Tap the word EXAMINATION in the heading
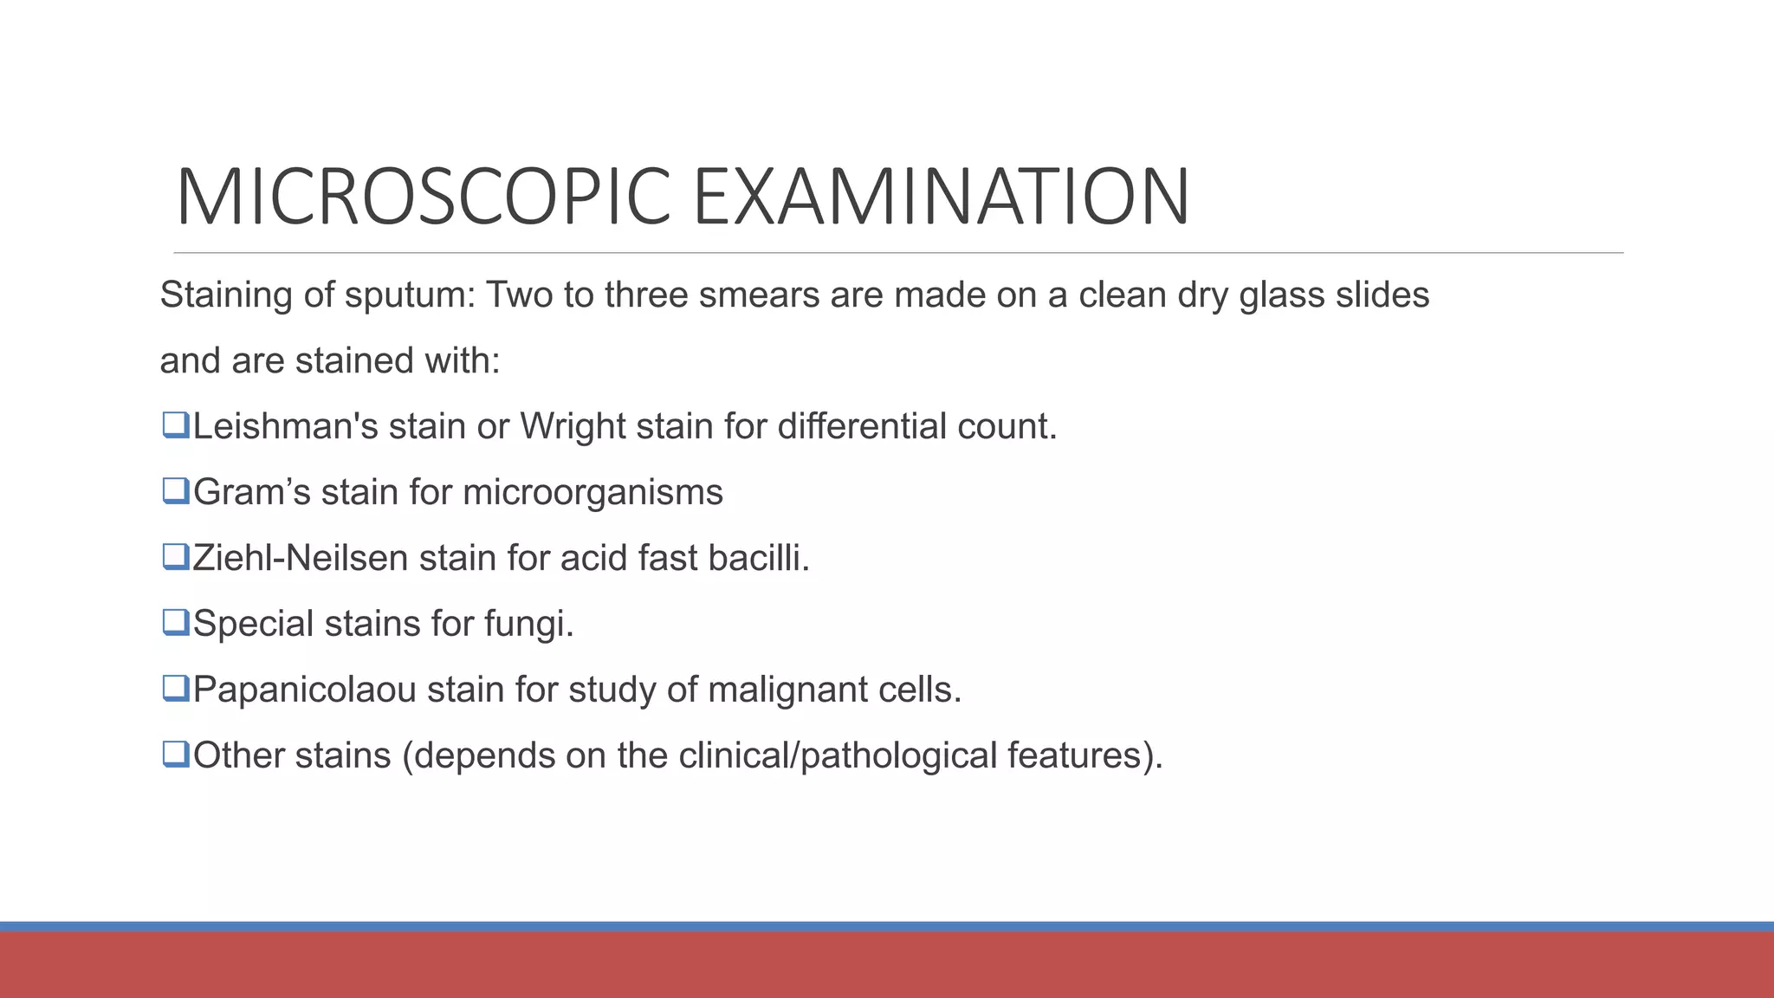coord(942,198)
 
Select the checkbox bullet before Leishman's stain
coord(175,425)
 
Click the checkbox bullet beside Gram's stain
coord(175,491)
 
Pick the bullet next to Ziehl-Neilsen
coord(175,557)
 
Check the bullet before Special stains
coord(175,623)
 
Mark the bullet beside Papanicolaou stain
coord(175,689)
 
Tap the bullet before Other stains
coord(175,755)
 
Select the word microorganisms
coord(592,492)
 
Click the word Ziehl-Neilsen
coord(301,558)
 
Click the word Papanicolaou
coord(305,690)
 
